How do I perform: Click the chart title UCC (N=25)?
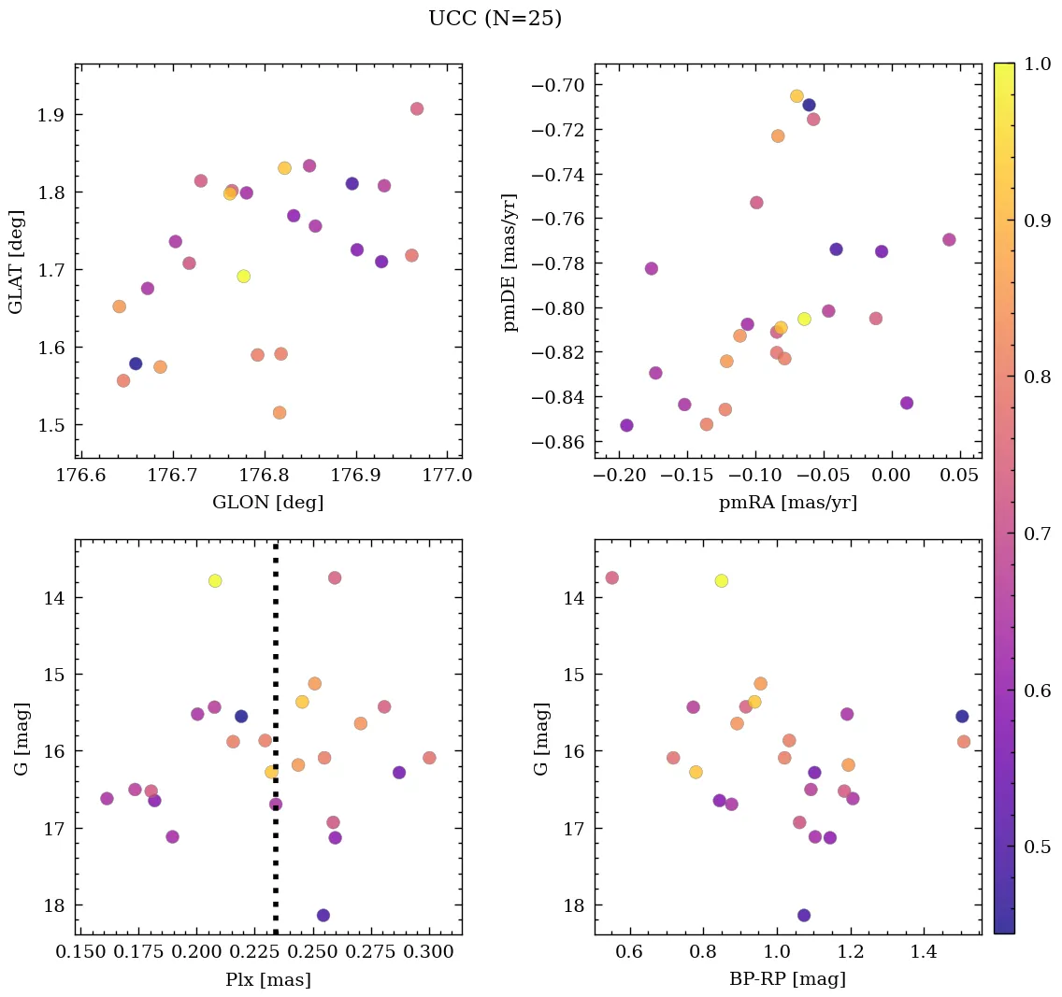(x=495, y=19)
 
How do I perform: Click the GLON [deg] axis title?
(x=267, y=503)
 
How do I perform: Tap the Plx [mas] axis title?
(x=267, y=980)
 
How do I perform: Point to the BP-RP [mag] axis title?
(x=787, y=980)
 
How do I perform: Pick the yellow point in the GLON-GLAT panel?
(x=243, y=276)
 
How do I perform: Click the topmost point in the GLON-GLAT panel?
(x=417, y=108)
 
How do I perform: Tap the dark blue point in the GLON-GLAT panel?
(x=136, y=363)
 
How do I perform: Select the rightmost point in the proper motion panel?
(x=949, y=239)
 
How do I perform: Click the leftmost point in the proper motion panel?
(x=626, y=425)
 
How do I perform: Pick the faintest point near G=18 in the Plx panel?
(x=323, y=915)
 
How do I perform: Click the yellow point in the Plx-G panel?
(x=215, y=580)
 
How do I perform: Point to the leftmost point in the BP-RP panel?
(x=611, y=577)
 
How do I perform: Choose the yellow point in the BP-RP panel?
(x=721, y=580)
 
